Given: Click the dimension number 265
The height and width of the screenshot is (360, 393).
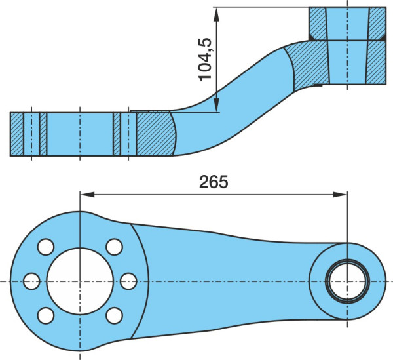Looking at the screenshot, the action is click(x=214, y=182).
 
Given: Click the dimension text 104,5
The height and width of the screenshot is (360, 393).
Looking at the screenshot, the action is click(x=205, y=60).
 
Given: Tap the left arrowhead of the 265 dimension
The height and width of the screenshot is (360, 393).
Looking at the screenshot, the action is click(x=87, y=194).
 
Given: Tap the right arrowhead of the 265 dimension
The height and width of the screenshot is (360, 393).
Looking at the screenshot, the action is click(x=340, y=194).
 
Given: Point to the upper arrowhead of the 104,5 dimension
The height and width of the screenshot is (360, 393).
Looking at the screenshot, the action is click(x=216, y=14).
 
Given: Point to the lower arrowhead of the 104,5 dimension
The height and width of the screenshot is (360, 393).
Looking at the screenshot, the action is click(x=216, y=105).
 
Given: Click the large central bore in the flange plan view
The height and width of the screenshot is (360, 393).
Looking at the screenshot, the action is click(x=80, y=281).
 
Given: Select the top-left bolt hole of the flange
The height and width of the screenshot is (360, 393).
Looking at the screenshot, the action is click(x=46, y=247).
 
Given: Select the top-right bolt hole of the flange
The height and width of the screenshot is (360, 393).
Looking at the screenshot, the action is click(x=114, y=247).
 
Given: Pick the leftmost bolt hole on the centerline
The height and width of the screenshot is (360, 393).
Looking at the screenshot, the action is click(x=31, y=281).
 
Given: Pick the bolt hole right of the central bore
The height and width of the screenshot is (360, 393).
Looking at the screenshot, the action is click(x=128, y=281).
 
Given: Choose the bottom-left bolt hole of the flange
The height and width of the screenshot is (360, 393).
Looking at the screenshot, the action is click(x=46, y=315).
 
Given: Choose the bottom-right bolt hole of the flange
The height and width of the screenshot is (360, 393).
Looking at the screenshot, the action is click(x=114, y=315).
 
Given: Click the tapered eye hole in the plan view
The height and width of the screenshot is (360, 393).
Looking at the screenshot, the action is click(x=347, y=281).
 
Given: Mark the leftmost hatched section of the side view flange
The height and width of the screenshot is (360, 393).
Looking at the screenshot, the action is click(x=17, y=134).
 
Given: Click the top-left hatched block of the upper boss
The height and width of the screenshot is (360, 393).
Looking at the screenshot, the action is click(x=318, y=24).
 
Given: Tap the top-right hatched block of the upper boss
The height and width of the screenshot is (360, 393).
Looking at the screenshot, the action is click(x=377, y=24).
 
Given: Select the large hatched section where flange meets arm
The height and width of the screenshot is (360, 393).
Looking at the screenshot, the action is click(x=156, y=134).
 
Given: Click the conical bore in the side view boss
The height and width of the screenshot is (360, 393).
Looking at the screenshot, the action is click(x=347, y=46).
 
